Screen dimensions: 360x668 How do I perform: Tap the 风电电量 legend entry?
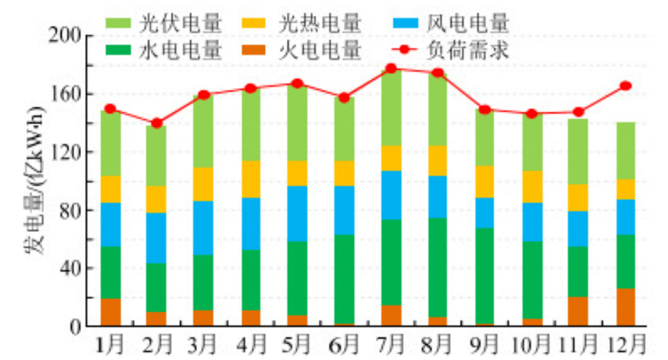click(451, 24)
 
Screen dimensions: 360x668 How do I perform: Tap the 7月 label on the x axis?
click(392, 343)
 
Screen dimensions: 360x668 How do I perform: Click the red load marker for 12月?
click(625, 86)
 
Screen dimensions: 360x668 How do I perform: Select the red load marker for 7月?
click(391, 69)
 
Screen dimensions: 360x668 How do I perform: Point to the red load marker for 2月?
click(157, 123)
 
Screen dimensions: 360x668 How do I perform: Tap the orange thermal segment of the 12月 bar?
click(625, 307)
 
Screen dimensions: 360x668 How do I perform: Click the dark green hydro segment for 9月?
click(485, 276)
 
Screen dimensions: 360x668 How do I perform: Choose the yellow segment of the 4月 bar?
click(251, 179)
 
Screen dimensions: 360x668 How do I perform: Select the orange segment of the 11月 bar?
click(578, 311)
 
